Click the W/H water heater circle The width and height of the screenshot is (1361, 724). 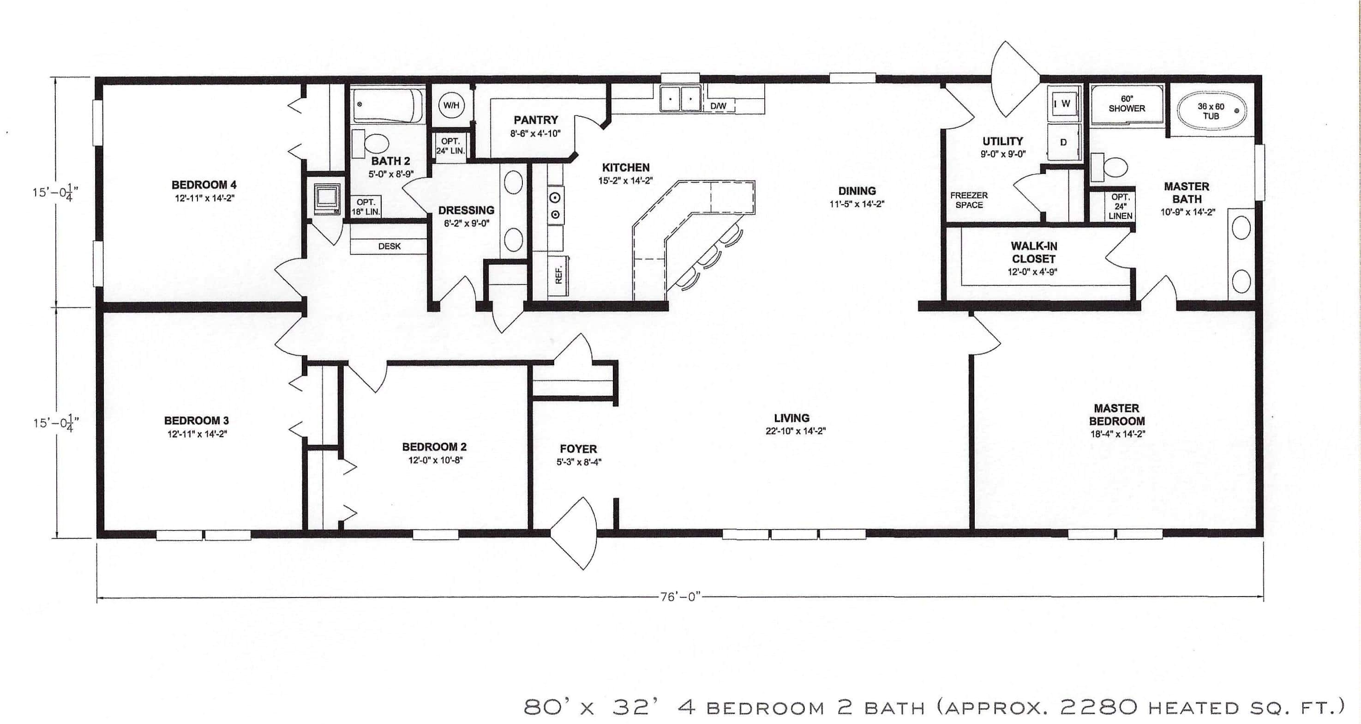point(451,106)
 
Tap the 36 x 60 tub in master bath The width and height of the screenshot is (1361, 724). point(1211,111)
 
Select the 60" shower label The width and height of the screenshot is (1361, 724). point(1127,103)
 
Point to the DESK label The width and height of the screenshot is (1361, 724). point(390,246)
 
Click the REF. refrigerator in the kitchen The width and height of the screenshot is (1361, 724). point(559,274)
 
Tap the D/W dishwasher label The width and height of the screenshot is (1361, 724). point(718,106)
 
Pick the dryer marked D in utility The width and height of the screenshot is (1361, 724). point(1063,142)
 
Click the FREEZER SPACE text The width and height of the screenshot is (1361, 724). point(969,200)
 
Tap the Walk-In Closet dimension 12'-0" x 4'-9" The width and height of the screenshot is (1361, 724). point(1033,272)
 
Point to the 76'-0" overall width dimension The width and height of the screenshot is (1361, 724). point(680,597)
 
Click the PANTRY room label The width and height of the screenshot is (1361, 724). point(536,120)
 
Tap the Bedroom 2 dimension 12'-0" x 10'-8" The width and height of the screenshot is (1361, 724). point(435,460)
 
